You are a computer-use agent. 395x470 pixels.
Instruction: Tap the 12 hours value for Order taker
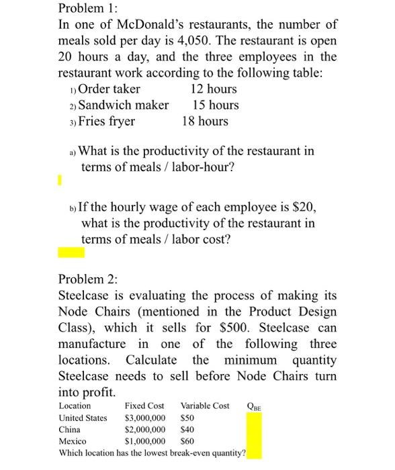click(x=214, y=89)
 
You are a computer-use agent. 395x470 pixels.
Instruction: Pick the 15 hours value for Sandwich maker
click(x=215, y=105)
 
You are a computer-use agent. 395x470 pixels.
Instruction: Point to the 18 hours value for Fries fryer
click(x=205, y=121)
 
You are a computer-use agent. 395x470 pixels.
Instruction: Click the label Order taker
click(x=109, y=89)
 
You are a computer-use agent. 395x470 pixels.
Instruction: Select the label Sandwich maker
click(x=124, y=105)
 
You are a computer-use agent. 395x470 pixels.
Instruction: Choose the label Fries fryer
click(x=107, y=121)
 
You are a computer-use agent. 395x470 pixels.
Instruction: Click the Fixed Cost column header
click(x=144, y=406)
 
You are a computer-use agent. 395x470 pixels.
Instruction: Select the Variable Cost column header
click(x=205, y=406)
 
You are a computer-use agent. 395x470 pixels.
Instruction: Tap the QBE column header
click(x=255, y=406)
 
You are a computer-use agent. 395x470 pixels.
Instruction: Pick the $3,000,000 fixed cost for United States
click(x=146, y=418)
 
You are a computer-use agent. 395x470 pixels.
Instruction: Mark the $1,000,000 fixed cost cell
click(x=146, y=441)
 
